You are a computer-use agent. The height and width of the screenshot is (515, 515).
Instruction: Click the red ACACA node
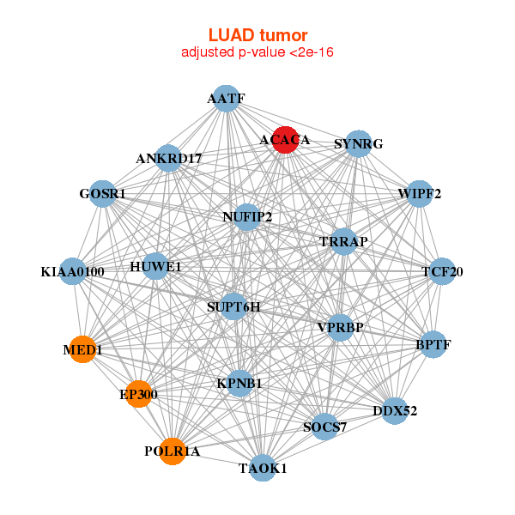[285, 140]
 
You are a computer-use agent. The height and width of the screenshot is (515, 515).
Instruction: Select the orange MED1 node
[82, 349]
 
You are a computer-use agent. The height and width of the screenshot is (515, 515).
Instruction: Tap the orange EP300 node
[138, 394]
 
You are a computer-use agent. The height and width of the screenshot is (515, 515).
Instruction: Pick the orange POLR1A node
[173, 451]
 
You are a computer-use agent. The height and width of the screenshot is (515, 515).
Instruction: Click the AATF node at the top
[225, 99]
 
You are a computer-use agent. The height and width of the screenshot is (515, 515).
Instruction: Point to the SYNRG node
[358, 143]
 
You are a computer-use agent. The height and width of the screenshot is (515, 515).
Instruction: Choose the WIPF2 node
[419, 194]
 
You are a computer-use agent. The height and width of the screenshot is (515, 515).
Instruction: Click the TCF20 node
[442, 272]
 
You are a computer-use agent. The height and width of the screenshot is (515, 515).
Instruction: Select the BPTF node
[433, 345]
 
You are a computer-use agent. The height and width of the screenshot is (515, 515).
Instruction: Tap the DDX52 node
[394, 411]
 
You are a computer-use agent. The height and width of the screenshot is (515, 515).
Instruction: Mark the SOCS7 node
[324, 427]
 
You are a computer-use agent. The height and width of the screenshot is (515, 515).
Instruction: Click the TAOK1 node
[262, 468]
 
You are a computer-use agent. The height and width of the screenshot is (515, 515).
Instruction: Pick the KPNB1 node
[239, 383]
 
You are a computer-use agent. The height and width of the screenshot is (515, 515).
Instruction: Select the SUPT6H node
[233, 306]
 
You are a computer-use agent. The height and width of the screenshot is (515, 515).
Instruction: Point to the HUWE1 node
[156, 267]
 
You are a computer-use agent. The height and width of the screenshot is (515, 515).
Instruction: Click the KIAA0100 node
[73, 272]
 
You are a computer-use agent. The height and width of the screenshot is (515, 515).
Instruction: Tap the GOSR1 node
[103, 193]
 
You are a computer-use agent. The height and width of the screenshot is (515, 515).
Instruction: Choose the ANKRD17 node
[169, 158]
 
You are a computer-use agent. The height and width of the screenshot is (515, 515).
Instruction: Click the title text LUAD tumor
[257, 35]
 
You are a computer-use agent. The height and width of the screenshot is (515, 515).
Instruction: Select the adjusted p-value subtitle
[257, 52]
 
